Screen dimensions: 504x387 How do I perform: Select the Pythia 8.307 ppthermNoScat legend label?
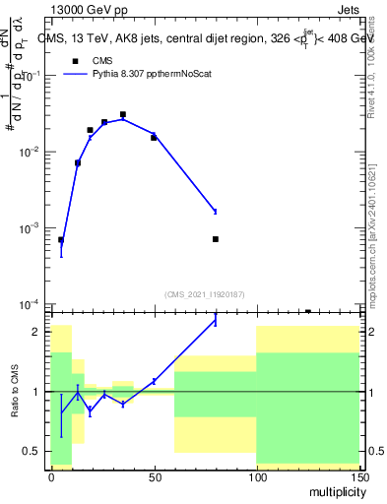(x=151, y=74)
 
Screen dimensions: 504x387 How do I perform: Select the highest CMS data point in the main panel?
(x=123, y=114)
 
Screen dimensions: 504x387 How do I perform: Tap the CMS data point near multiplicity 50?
(x=154, y=137)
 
